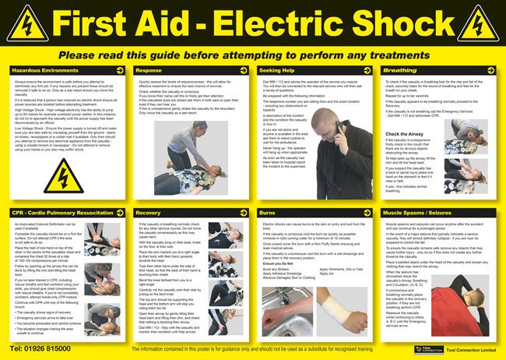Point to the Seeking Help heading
277,69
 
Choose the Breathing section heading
400,69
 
